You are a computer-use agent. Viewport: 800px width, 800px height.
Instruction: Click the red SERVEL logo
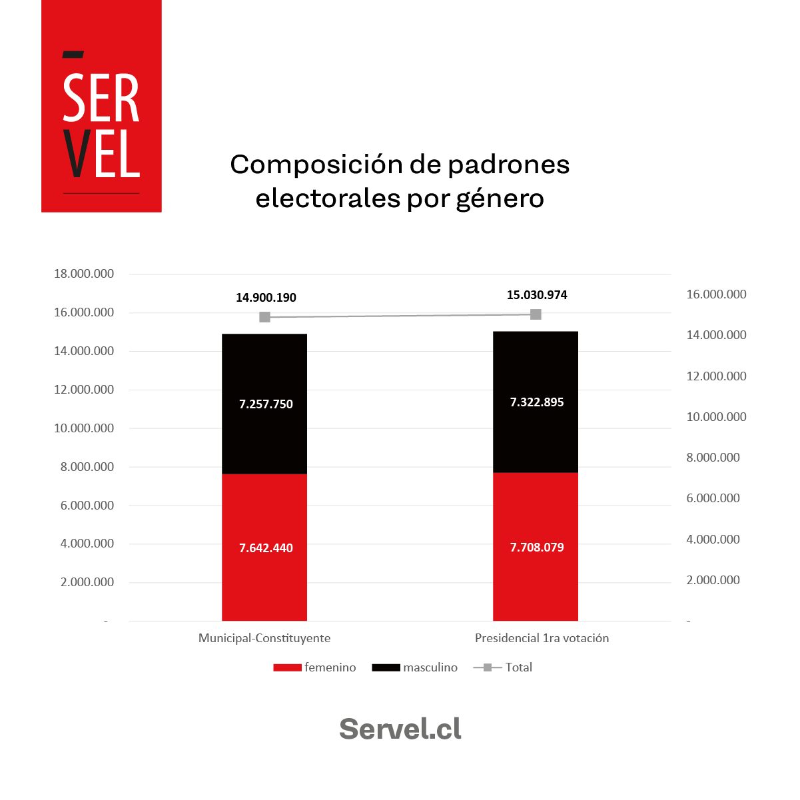coord(101,107)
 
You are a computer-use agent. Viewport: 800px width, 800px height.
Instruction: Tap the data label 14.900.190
coord(266,298)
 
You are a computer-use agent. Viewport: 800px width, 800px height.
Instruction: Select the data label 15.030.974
coord(537,295)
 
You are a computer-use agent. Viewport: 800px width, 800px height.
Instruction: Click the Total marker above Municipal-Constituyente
coord(264,317)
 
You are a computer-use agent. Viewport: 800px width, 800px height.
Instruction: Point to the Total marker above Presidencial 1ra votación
coord(536,314)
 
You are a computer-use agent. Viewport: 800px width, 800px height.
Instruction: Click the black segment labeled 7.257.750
coord(264,404)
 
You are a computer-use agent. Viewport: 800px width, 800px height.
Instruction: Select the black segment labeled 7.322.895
coord(536,402)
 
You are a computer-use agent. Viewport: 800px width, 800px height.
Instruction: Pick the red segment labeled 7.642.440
coord(264,548)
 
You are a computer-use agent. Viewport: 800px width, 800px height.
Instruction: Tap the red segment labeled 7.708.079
coord(536,547)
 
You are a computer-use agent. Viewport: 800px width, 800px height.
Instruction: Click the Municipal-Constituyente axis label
coord(264,638)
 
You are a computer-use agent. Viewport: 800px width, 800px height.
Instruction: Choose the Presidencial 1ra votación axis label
coord(542,638)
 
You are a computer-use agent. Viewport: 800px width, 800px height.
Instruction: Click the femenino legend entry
coord(315,667)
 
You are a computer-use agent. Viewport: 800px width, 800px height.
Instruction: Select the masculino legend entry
coord(415,667)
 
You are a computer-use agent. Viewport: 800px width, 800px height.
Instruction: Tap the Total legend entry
coord(503,667)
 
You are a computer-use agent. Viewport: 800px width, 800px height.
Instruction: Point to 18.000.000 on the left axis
coord(84,274)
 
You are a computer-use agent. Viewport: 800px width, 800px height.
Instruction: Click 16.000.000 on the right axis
coord(716,294)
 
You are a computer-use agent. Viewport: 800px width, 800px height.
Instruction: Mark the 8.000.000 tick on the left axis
coord(87,467)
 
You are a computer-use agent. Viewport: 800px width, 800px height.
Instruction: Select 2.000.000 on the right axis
coord(713,580)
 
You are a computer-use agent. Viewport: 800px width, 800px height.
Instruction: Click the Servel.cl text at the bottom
coord(400,729)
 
